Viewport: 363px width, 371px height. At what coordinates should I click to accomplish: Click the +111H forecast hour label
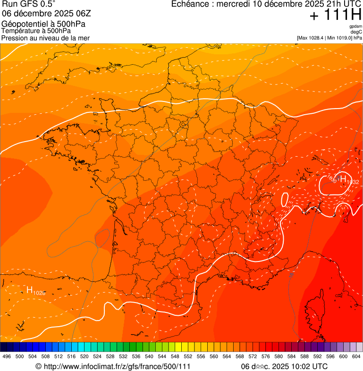[336, 15]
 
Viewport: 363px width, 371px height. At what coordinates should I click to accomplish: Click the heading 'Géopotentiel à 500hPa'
[43, 24]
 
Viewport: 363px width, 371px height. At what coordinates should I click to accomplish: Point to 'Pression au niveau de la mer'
[45, 38]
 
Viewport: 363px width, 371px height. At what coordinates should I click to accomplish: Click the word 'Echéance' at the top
[191, 4]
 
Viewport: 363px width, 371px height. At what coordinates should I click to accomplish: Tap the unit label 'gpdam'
[355, 26]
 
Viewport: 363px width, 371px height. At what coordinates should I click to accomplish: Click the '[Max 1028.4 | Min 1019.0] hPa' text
[329, 37]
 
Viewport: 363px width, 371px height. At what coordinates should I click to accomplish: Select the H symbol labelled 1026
[30, 290]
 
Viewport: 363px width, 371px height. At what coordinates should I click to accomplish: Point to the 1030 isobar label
[332, 179]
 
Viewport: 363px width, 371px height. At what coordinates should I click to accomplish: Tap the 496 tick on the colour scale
[7, 356]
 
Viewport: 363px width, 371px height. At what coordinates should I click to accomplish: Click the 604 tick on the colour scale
[356, 356]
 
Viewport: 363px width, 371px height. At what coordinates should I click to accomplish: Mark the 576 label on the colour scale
[266, 356]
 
